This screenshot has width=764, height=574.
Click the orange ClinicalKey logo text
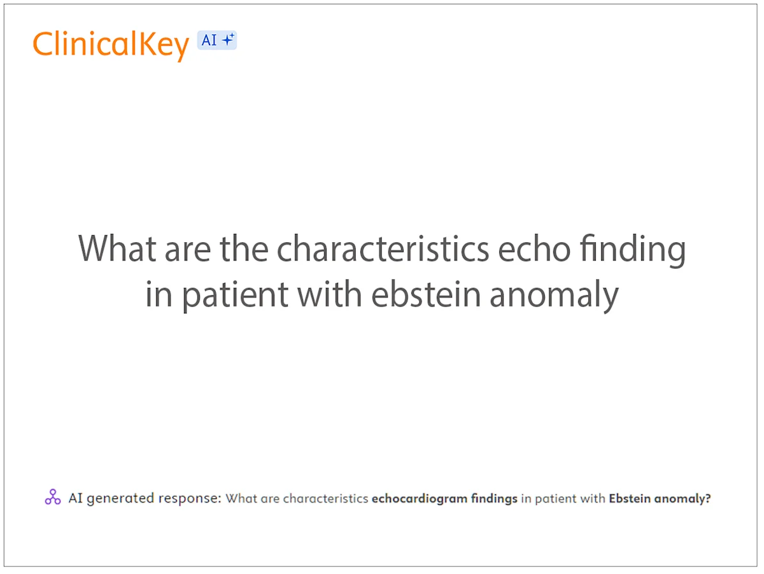tap(111, 45)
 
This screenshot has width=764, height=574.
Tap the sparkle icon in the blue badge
tap(227, 40)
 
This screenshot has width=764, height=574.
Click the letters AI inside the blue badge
tap(209, 41)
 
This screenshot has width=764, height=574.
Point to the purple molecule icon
tap(53, 498)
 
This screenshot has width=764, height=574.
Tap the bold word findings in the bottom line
tap(494, 499)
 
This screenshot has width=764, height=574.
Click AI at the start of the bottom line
tap(76, 498)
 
